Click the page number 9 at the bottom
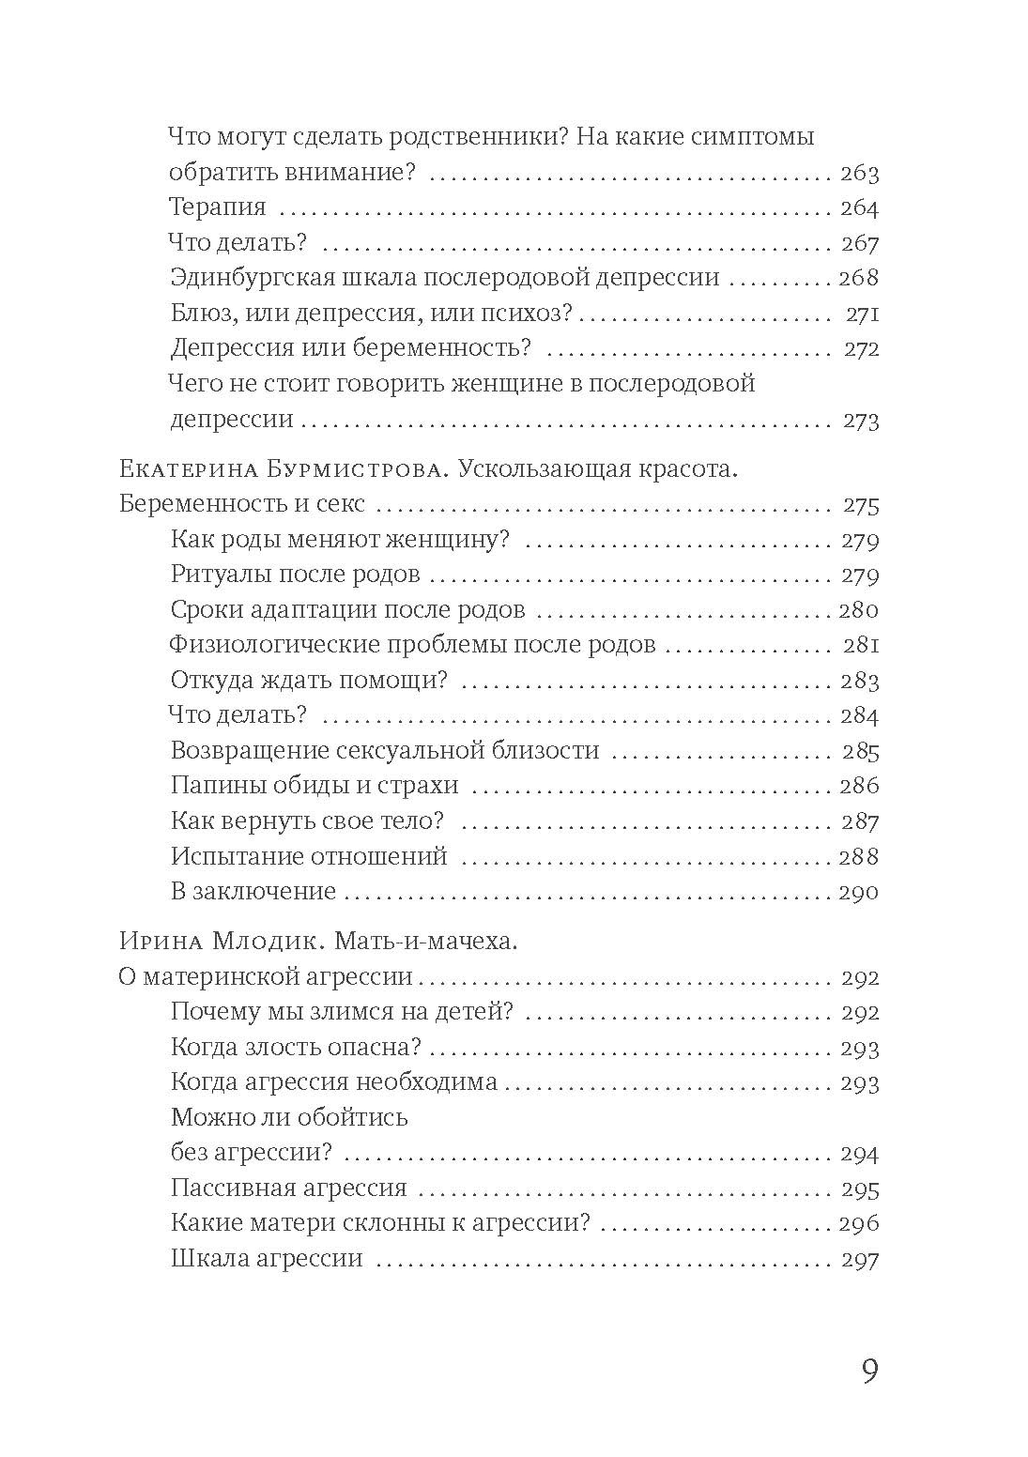click(868, 1372)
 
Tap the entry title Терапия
click(218, 207)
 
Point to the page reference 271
click(860, 314)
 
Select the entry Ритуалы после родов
click(295, 575)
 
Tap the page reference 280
click(858, 610)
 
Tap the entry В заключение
click(253, 892)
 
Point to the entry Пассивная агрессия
click(288, 1189)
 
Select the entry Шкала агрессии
click(267, 1259)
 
